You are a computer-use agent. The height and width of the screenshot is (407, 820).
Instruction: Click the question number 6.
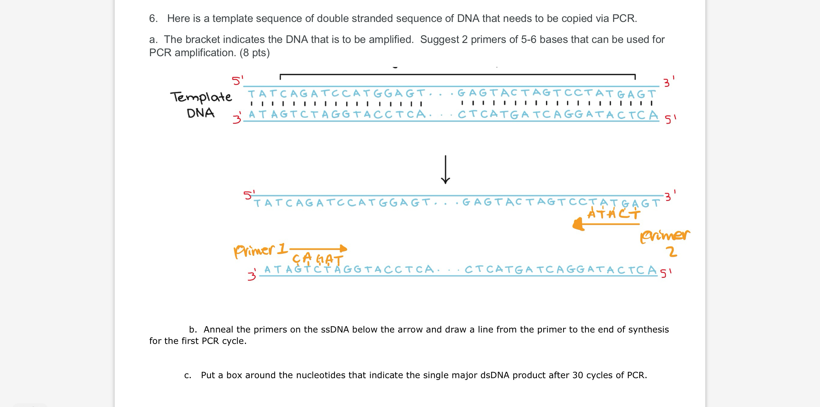click(x=153, y=18)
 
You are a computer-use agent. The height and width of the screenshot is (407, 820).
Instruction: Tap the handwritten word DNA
click(x=200, y=113)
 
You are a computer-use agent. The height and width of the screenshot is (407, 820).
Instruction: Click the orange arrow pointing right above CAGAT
click(x=318, y=248)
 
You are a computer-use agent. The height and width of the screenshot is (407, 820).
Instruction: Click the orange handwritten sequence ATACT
click(x=613, y=213)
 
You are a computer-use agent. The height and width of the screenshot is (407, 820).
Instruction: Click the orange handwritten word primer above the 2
click(x=665, y=236)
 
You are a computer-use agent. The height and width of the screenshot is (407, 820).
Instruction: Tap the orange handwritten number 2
click(x=672, y=252)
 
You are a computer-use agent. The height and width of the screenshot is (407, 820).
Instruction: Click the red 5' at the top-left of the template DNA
click(x=237, y=80)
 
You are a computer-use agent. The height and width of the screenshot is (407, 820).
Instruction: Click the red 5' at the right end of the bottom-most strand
click(x=666, y=273)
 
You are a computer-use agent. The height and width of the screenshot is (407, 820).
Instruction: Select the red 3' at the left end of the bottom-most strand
click(x=252, y=275)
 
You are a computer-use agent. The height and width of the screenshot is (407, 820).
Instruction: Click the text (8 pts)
click(x=254, y=53)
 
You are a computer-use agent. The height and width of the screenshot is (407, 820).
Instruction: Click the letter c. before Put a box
click(x=188, y=375)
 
